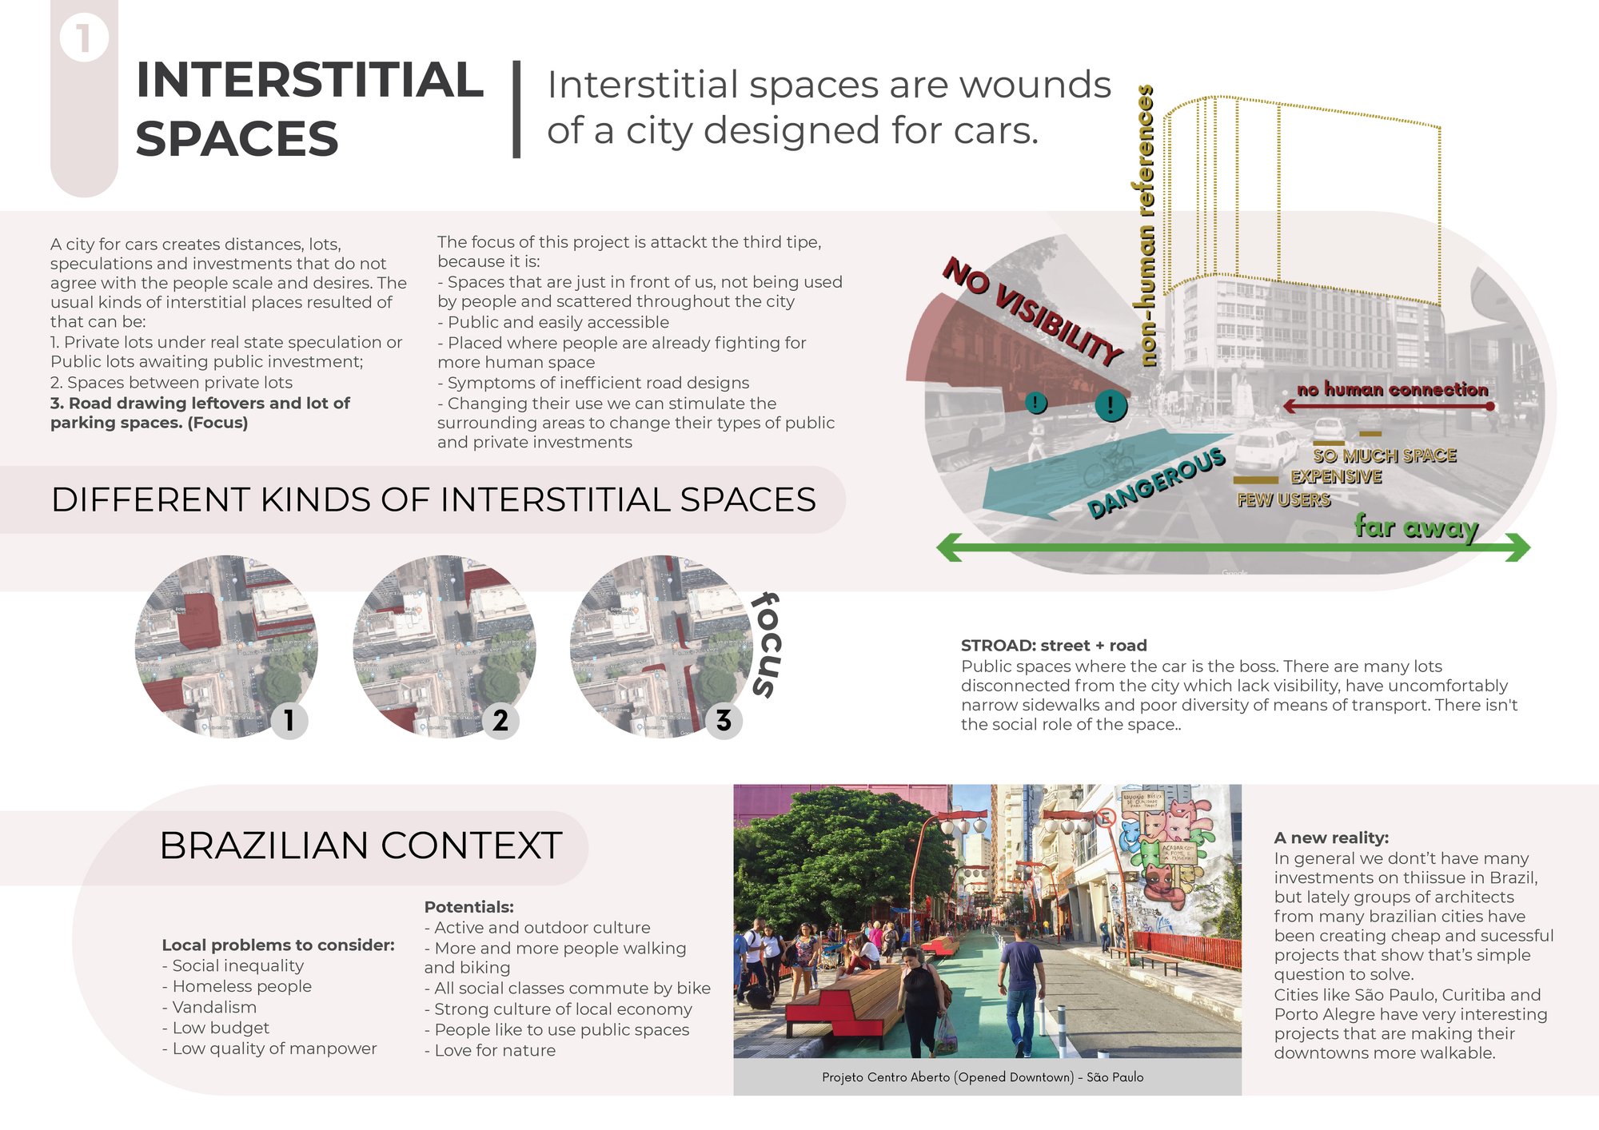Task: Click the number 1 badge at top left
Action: coord(83,38)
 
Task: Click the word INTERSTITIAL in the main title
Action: coord(309,80)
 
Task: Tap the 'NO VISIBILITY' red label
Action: coord(1033,311)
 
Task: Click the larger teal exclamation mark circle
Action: coord(1111,405)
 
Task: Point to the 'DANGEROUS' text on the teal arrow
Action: coord(1156,482)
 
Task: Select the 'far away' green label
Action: coord(1416,527)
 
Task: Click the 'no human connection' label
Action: coord(1393,389)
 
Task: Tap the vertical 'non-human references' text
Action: coord(1146,225)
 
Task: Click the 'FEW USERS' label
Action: coord(1283,499)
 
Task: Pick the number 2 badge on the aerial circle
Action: coord(500,721)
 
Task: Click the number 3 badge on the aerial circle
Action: coord(724,721)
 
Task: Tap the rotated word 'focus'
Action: coord(766,645)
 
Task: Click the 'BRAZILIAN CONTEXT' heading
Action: coord(361,846)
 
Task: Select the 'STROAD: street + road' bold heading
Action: coord(1054,646)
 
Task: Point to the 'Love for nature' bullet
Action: coord(490,1050)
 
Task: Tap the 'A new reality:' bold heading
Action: coord(1331,838)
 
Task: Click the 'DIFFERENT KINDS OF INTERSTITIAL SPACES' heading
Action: coord(433,499)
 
